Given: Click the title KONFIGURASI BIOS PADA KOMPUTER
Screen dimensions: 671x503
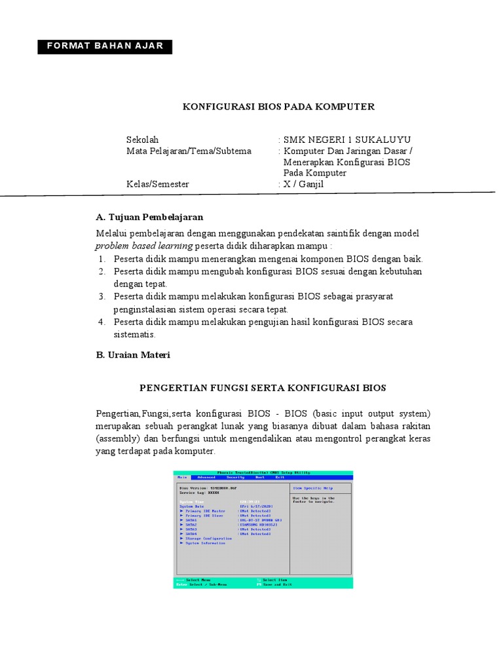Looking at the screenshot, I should (x=278, y=106).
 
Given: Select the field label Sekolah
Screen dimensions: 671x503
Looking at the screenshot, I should (x=142, y=140).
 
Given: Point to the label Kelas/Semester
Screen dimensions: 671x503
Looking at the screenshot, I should (x=157, y=184).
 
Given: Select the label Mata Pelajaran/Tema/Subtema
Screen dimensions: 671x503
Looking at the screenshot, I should (x=189, y=151).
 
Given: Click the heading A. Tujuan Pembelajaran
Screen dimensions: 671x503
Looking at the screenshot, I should (x=149, y=217).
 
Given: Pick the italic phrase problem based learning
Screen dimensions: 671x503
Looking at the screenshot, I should (x=143, y=246).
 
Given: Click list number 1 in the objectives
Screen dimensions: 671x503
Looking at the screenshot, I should (x=102, y=259).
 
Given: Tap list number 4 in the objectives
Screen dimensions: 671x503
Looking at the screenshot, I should (x=102, y=322).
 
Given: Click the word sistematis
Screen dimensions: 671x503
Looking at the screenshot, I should (x=134, y=334).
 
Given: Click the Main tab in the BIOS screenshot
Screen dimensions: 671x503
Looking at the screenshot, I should (x=182, y=478).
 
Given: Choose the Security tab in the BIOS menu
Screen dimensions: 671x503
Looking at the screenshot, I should (x=235, y=478).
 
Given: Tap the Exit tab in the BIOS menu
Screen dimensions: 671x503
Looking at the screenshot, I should (x=280, y=478).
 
